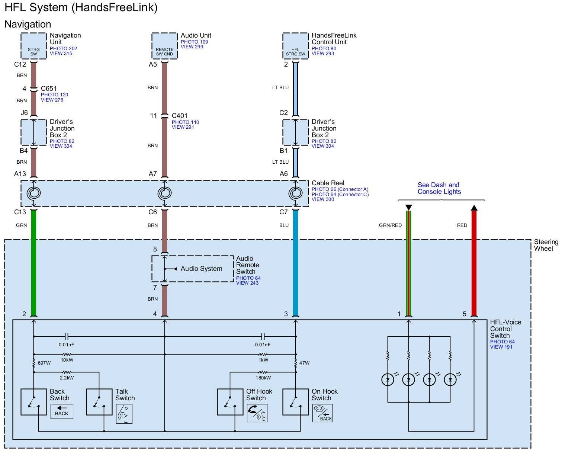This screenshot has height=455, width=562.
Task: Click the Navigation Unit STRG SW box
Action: point(34,46)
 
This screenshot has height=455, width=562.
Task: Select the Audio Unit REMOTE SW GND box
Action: point(164,46)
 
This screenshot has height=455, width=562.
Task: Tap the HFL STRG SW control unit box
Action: point(295,46)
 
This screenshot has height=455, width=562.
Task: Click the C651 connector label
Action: point(49,89)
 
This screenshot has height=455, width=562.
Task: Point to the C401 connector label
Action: point(180,116)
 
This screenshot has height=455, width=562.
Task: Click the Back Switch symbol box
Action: point(34,402)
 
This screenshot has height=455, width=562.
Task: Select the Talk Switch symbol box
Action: point(99,402)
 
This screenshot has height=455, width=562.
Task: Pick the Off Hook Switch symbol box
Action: point(230,402)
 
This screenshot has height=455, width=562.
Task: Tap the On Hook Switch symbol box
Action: point(296,402)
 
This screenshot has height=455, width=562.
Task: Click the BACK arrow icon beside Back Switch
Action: point(62,411)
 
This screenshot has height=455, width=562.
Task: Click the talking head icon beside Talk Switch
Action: point(124,414)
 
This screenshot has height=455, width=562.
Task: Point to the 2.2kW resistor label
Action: point(67,378)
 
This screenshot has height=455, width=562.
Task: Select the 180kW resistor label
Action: point(263,378)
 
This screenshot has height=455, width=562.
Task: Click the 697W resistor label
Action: point(44,363)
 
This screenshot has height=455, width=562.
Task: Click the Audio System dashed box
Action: point(193,269)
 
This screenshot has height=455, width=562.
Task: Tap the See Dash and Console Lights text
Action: point(439,188)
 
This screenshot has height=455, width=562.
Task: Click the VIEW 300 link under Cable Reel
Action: point(323,199)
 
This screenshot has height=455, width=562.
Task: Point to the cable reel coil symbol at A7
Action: point(164,193)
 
